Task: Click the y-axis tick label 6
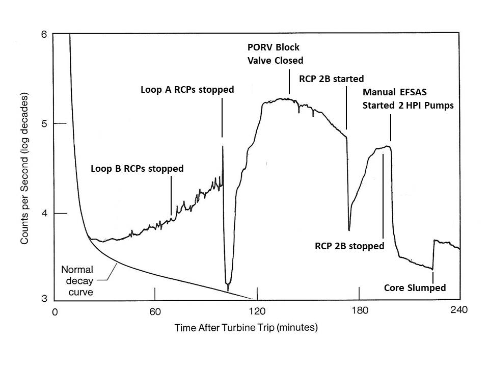[x=44, y=35]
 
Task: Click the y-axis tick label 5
[x=44, y=124]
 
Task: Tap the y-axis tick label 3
[x=44, y=299]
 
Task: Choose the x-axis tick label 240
[x=459, y=309]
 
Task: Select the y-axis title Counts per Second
[x=24, y=168]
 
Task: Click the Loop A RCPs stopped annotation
[x=187, y=90]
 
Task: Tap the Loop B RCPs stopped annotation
[x=137, y=168]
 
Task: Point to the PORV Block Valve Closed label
[x=275, y=54]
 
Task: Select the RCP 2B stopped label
[x=349, y=246]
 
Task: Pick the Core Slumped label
[x=415, y=288]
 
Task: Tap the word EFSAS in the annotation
[x=413, y=93]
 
